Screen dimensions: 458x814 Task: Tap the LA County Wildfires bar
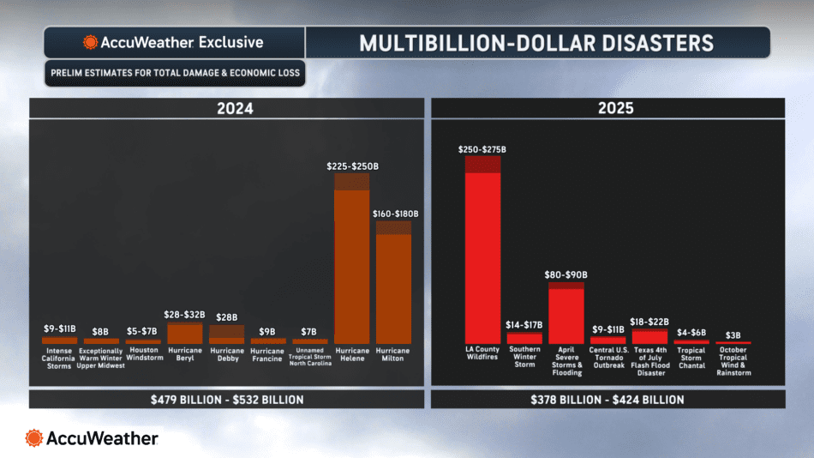coord(482,253)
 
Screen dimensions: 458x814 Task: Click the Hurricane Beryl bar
coord(184,334)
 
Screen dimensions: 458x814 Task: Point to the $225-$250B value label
coord(351,165)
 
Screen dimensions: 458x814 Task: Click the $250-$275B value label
coord(482,148)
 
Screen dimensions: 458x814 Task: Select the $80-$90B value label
coord(566,274)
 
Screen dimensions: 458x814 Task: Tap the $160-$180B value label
coord(394,213)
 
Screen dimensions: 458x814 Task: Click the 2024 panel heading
coord(227,109)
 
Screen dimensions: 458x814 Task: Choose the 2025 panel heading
coord(608,109)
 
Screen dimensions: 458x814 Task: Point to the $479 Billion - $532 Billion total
coord(227,400)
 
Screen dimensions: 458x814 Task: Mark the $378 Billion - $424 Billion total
coord(608,400)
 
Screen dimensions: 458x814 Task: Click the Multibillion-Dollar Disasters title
coord(536,42)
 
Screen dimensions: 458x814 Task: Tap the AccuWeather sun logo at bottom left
coord(35,438)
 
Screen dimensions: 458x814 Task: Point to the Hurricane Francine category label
coord(268,355)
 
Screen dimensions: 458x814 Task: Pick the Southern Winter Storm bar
coord(524,339)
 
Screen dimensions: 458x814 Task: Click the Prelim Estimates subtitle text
coord(175,73)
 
